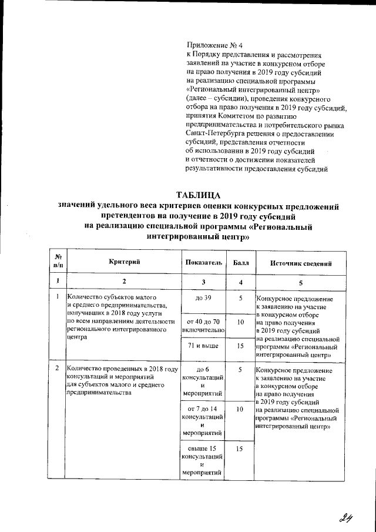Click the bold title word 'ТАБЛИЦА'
pos(199,195)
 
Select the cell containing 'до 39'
pos(202,299)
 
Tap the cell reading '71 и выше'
pos(202,346)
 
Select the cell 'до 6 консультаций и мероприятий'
pos(202,382)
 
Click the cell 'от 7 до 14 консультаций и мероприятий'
pos(202,420)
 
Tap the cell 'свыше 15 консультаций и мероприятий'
pos(202,460)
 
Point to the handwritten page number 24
pos(345,517)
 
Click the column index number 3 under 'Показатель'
pos(202,283)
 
